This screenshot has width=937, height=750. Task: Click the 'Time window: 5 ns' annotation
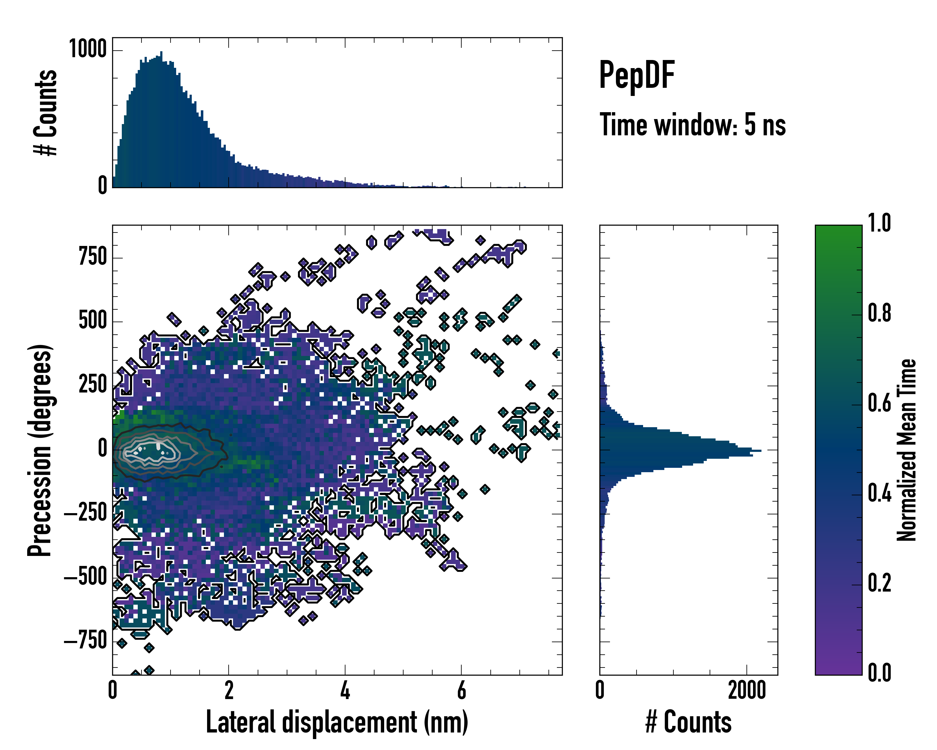point(692,125)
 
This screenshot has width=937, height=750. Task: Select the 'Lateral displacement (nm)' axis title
point(337,722)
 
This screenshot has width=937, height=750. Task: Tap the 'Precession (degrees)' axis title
point(40,450)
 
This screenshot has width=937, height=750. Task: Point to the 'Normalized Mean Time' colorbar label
point(907,450)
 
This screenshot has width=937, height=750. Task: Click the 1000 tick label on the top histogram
point(88,49)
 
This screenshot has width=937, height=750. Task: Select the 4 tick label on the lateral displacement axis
point(345,690)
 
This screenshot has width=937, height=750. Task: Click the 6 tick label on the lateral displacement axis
point(462,690)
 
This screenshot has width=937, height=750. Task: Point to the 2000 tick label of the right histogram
point(747,690)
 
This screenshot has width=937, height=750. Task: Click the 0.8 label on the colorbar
point(879,313)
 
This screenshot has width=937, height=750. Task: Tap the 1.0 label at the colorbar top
point(879,223)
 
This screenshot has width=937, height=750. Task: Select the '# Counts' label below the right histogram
point(688,722)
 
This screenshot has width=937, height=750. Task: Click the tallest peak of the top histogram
point(161,52)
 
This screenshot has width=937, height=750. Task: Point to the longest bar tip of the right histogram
point(760,450)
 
